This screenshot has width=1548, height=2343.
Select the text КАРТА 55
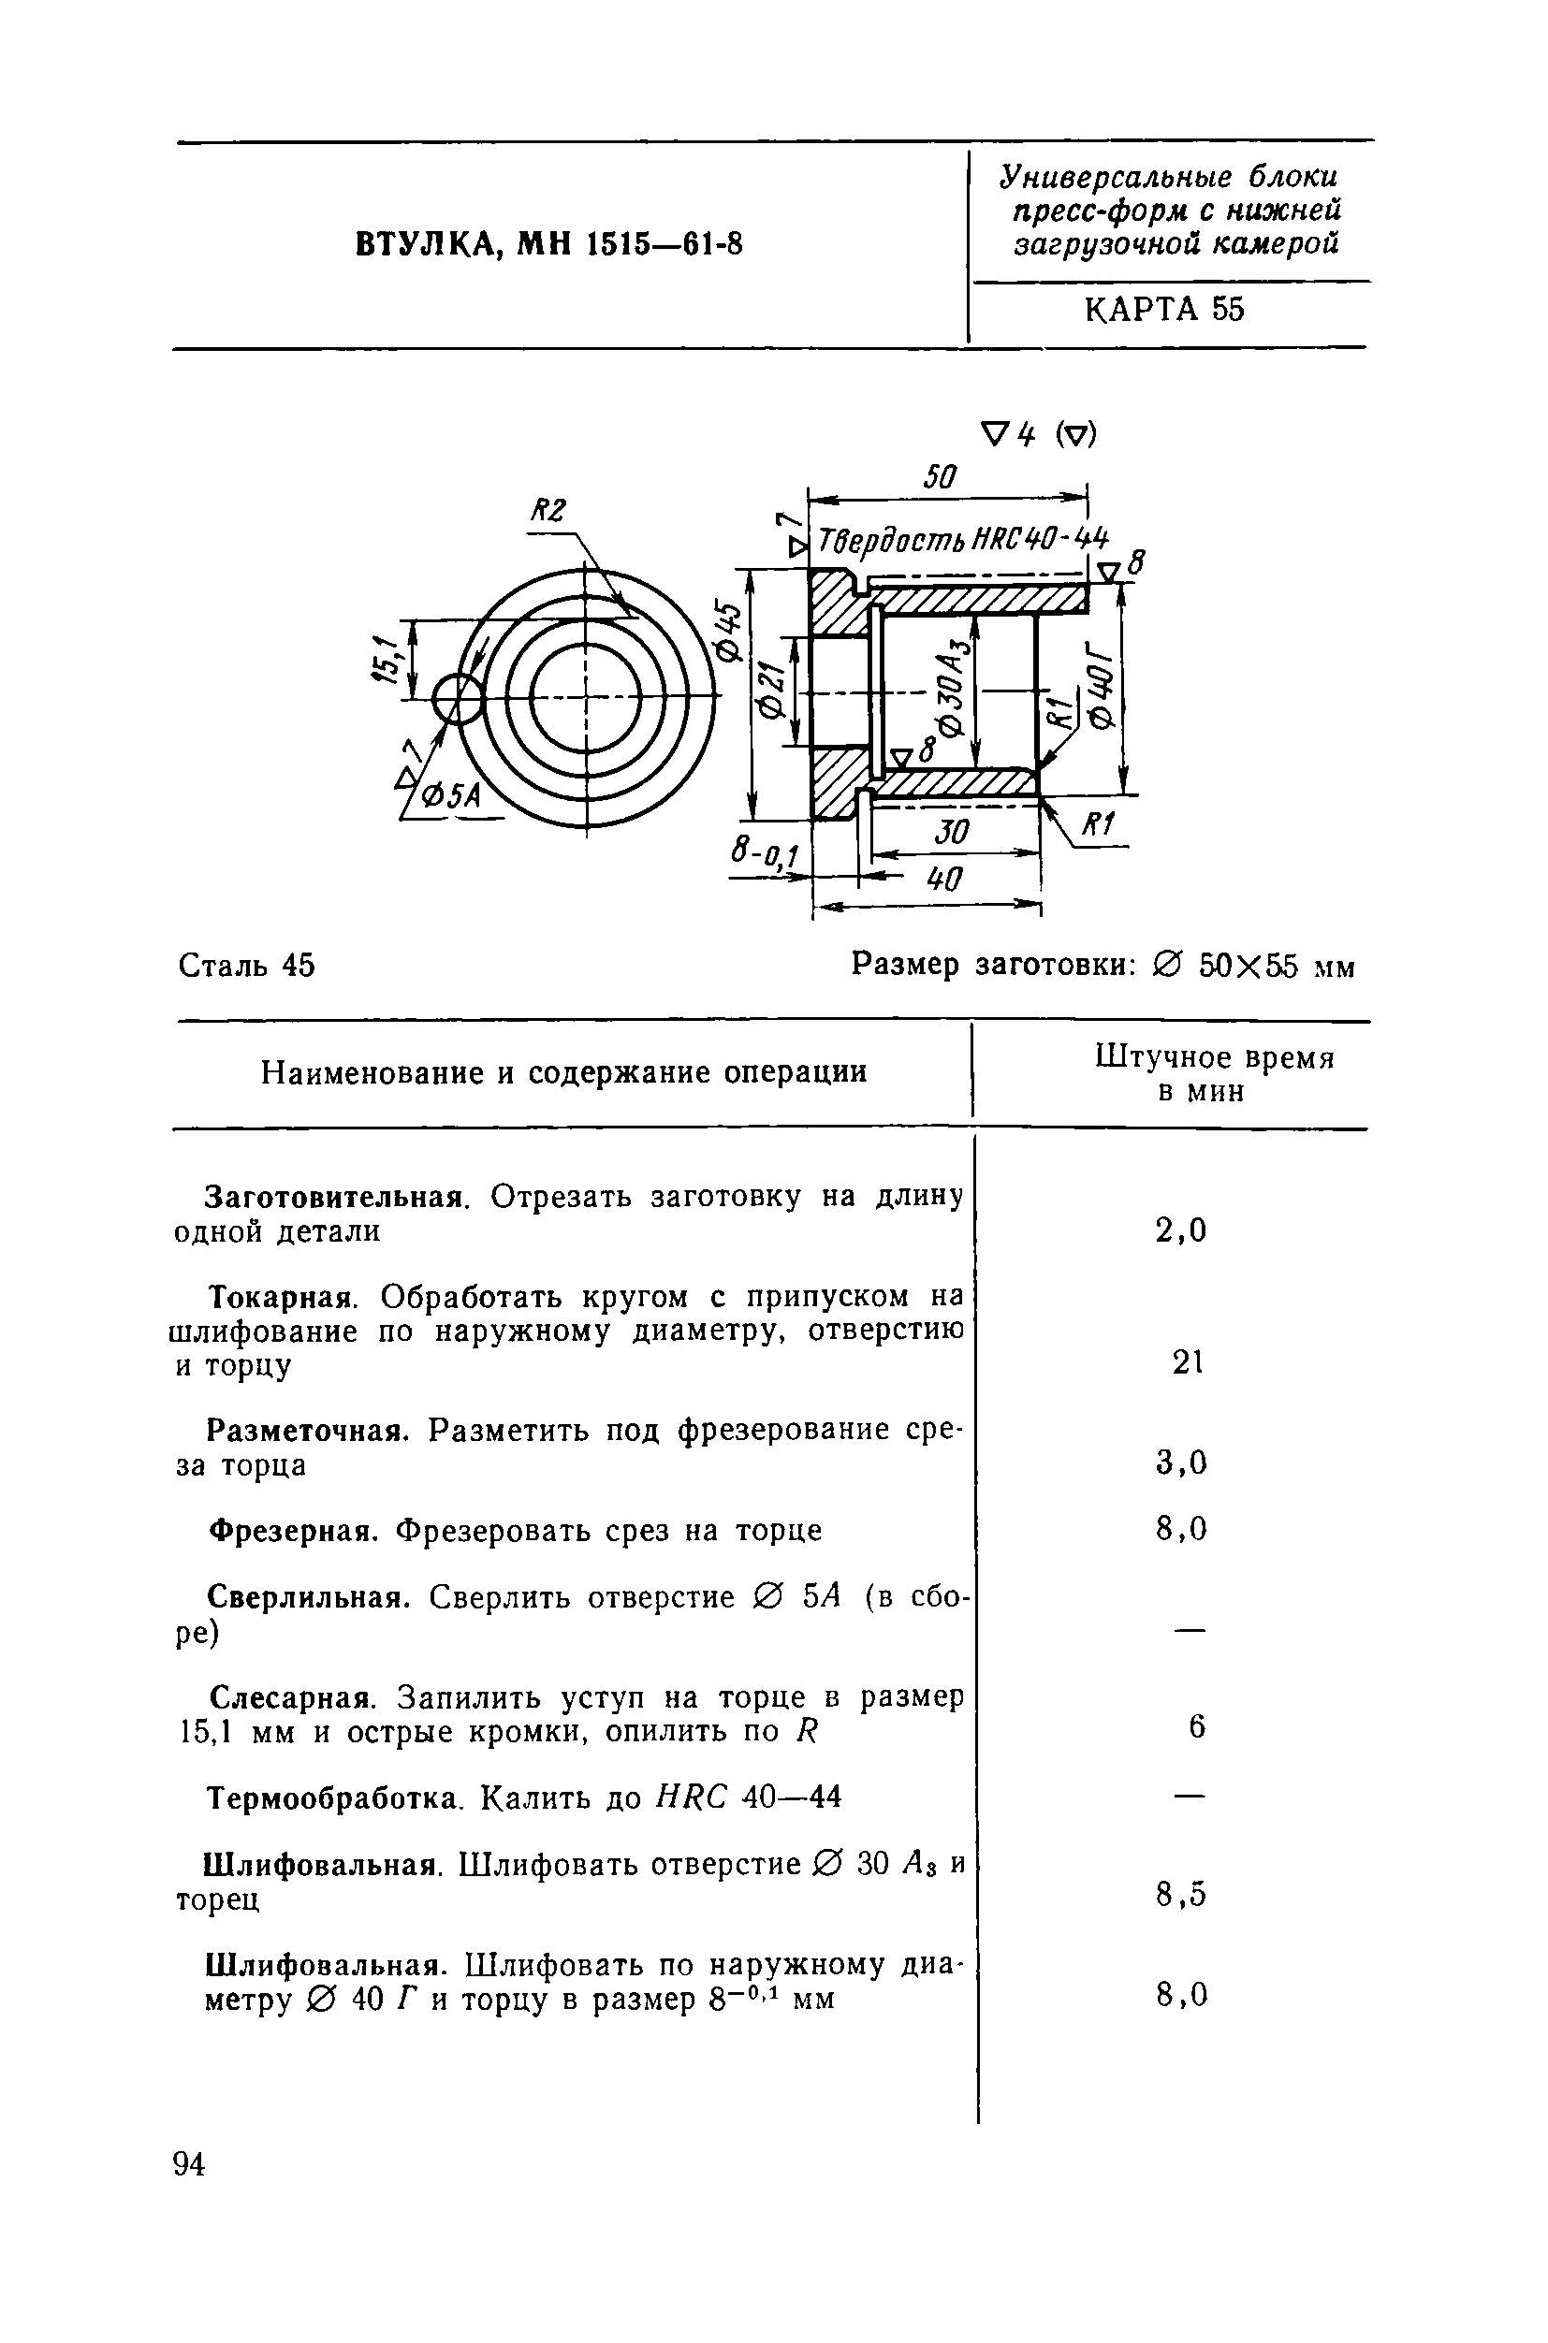[1164, 310]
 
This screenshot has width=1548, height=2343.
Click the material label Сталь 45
[247, 965]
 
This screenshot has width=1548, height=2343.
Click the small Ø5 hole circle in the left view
[457, 700]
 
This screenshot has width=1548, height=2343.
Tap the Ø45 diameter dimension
[727, 632]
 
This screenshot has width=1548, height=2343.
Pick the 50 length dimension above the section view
[939, 478]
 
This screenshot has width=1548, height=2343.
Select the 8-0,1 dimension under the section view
[766, 854]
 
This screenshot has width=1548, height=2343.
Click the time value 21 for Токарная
[1187, 1363]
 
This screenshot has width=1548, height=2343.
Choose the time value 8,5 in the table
[1182, 1894]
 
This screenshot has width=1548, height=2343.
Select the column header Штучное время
[1214, 1058]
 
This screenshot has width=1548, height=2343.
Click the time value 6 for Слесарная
[1196, 1726]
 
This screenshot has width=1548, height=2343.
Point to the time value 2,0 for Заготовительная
[1182, 1230]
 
